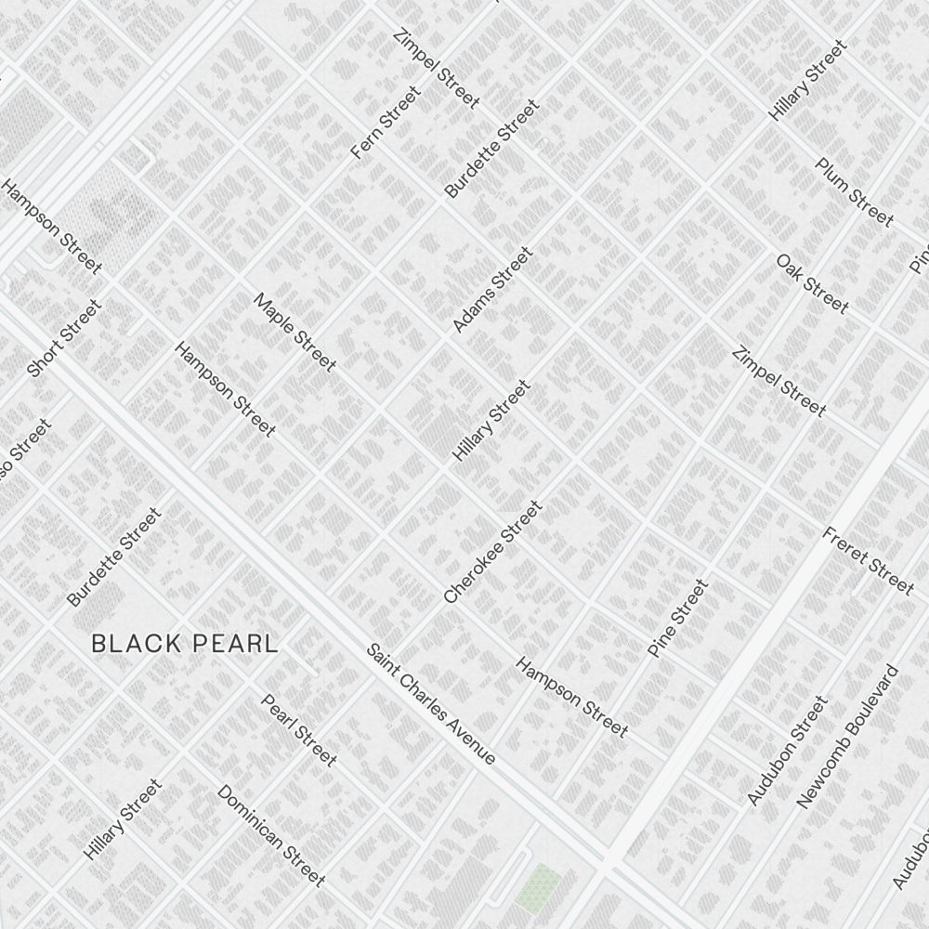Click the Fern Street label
coord(386,122)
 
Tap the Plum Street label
coord(854,192)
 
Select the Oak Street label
coord(812,283)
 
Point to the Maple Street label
coord(294,332)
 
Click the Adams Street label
coord(492,289)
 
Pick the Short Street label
coord(64,338)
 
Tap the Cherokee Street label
coord(492,552)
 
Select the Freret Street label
coord(868,559)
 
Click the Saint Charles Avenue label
coord(430,704)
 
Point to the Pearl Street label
coord(298,730)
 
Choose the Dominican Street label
coord(270,835)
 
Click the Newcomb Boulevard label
coord(848,737)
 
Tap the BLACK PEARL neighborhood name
coord(185,643)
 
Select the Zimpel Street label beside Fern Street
coord(436,69)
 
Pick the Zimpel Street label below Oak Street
coord(779,381)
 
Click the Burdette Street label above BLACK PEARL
coord(114,556)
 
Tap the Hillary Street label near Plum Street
coord(808,80)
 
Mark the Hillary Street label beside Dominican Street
coord(123,819)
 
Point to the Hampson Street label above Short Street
coord(50,227)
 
